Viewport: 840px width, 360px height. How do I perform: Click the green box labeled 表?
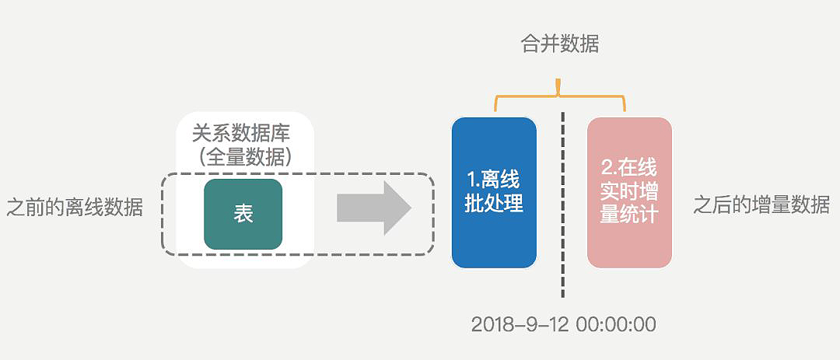point(243,214)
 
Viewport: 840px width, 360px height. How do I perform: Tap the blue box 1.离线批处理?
point(494,192)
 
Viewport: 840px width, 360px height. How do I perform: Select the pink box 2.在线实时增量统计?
point(629,192)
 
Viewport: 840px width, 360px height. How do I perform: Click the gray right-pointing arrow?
point(373,208)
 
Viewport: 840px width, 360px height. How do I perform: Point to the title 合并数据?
point(559,44)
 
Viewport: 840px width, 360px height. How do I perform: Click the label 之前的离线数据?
point(75,207)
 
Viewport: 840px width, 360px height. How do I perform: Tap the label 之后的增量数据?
point(761,205)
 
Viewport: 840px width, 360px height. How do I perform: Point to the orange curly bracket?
point(559,97)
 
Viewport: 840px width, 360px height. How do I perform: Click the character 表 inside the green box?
point(243,215)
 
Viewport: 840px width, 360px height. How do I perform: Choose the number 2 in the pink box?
point(608,167)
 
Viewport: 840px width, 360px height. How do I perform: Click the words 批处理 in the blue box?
point(494,204)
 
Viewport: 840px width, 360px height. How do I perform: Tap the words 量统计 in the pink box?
point(629,215)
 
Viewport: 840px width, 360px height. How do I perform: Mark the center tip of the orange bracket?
point(559,83)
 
